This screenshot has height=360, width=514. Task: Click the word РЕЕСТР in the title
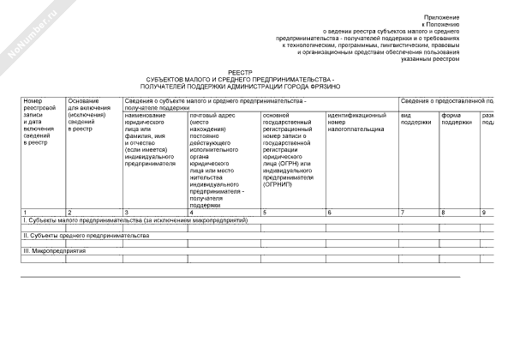242,74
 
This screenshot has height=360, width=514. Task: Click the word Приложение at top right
443,17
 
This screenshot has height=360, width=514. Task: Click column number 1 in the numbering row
25,212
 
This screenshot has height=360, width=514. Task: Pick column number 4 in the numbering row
191,212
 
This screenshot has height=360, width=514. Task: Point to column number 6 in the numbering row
329,212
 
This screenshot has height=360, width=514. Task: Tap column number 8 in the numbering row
442,212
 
